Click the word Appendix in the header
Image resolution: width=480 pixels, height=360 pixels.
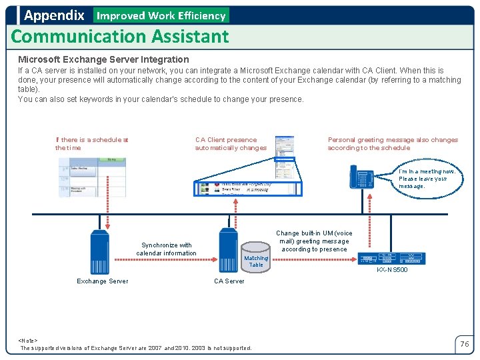54,15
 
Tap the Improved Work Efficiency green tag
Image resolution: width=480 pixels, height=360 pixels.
161,15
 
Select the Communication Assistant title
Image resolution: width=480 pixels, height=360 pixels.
120,36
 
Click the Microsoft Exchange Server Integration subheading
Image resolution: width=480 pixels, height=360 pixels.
103,59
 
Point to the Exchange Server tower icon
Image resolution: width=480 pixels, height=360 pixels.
100,251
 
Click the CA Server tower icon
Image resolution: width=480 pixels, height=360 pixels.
229,250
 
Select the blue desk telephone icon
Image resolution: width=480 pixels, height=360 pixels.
363,178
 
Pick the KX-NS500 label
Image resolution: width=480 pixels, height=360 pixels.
392,270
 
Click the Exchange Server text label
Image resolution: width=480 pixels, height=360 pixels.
103,281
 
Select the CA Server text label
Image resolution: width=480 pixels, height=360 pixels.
229,281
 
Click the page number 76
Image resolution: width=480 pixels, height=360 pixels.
465,344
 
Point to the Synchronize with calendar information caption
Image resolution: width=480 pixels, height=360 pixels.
167,249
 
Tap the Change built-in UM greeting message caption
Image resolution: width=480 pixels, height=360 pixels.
314,241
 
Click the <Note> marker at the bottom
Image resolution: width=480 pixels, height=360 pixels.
28,340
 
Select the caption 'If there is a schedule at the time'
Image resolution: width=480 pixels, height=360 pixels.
91,143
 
